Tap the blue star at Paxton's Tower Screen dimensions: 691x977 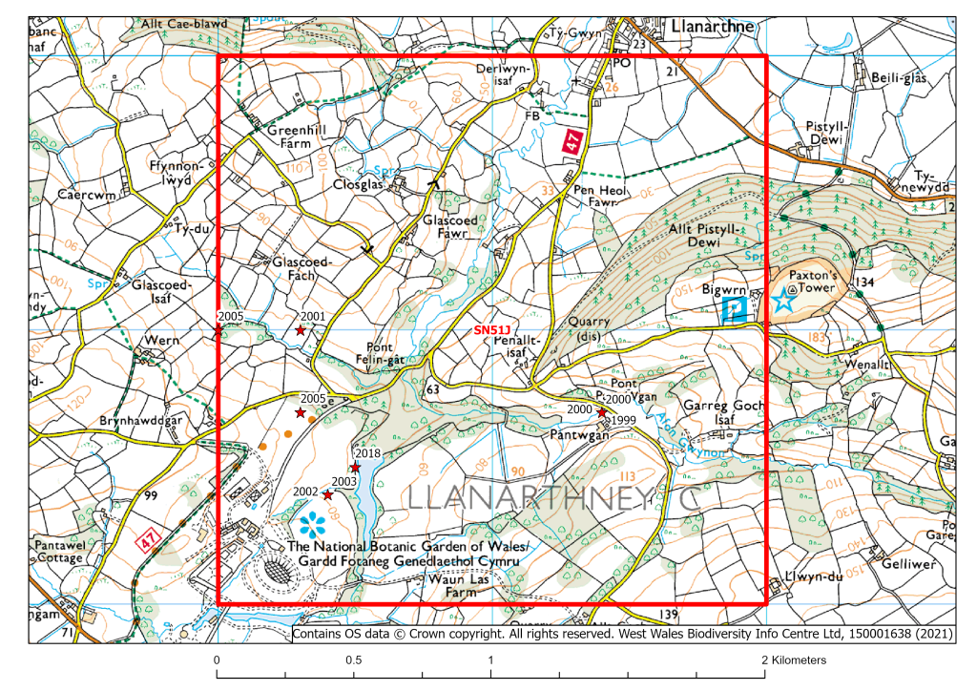(x=783, y=302)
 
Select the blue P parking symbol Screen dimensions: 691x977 (x=735, y=309)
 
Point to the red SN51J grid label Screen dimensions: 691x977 (x=493, y=330)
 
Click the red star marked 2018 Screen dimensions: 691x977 (x=355, y=468)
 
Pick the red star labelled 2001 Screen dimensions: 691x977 (x=301, y=330)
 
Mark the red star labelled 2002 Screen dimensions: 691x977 (x=327, y=495)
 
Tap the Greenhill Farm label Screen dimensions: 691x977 (x=277, y=140)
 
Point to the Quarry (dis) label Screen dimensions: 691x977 (x=588, y=328)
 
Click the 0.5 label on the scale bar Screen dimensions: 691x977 (x=353, y=660)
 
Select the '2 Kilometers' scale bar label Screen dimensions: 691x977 (x=795, y=660)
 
